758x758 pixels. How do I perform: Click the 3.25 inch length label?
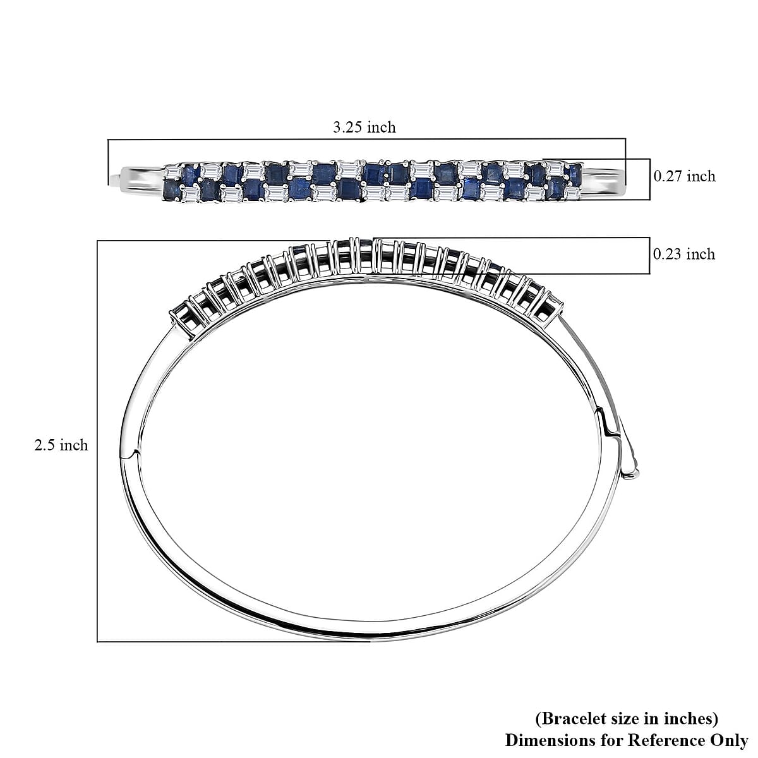tap(364, 127)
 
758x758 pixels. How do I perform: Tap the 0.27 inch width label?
tap(684, 176)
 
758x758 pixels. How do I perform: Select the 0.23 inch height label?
tap(683, 254)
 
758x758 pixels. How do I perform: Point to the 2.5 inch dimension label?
tap(61, 445)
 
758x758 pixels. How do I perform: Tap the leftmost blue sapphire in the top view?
tap(170, 188)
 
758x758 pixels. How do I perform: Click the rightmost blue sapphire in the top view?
tap(575, 171)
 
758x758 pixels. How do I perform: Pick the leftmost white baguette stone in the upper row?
tap(172, 171)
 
